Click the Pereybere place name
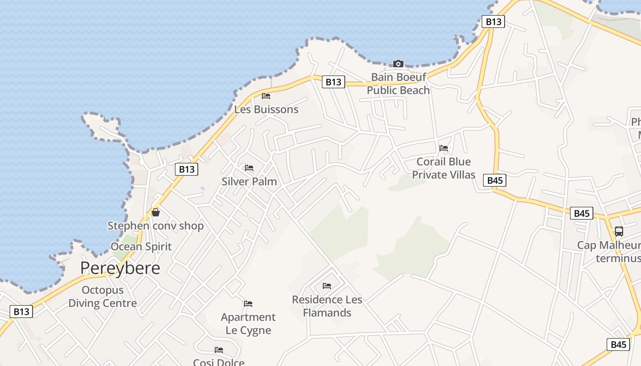point(120,268)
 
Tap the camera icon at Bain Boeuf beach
point(398,64)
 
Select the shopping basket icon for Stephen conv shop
point(156,212)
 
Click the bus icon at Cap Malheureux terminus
point(619,231)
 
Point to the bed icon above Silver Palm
point(249,168)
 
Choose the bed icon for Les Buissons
point(266,96)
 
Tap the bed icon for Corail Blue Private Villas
point(444,148)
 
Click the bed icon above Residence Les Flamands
point(327,286)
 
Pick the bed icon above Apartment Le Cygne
point(248,304)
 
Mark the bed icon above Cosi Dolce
point(219,350)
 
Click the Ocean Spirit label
point(141,247)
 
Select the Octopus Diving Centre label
point(103,296)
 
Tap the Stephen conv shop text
point(156,226)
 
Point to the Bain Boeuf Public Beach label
point(398,84)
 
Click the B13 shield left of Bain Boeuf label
point(333,82)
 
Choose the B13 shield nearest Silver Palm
point(186,169)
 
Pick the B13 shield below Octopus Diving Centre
point(21,312)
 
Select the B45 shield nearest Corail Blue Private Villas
point(495,180)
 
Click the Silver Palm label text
point(249,182)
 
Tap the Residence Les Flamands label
point(327,306)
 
